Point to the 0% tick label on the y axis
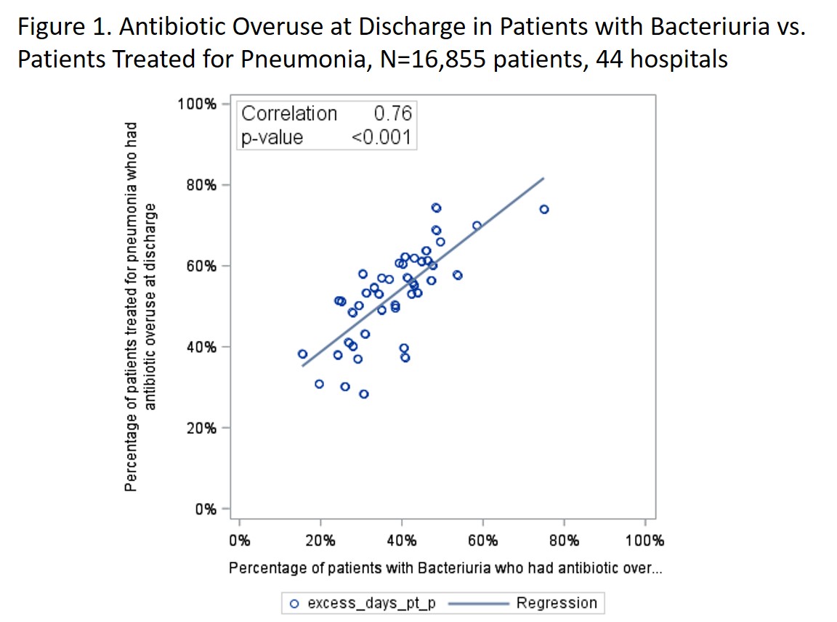[205, 509]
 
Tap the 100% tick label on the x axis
[645, 541]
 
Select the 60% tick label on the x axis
[482, 541]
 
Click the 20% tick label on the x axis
[320, 541]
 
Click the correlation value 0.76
[392, 114]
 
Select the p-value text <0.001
[381, 136]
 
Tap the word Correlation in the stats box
[289, 114]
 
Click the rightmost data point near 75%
[544, 209]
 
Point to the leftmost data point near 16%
[302, 354]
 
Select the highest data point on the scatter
[436, 208]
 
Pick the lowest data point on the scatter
[364, 394]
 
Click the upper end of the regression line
[543, 178]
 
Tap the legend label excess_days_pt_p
[371, 603]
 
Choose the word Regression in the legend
[557, 603]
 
